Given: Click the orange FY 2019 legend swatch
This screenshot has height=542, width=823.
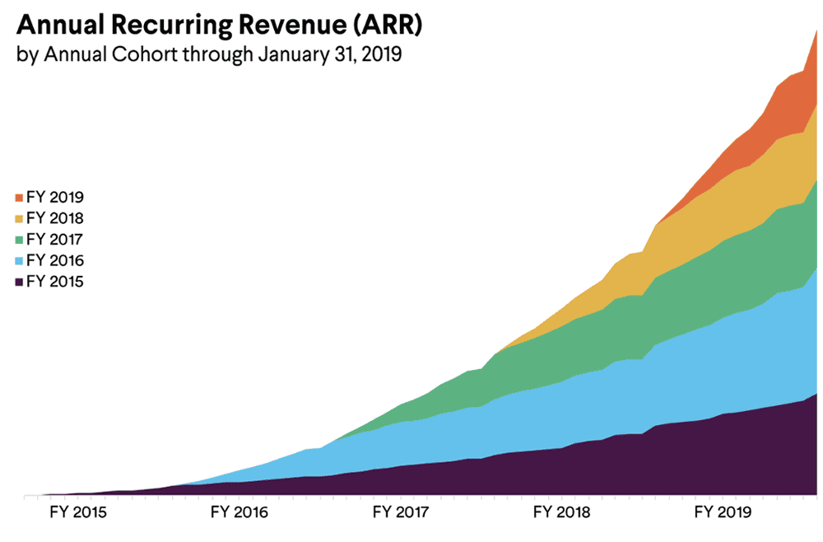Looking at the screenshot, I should pos(19,198).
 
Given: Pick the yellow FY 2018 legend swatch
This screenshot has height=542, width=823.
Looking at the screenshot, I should pos(19,218).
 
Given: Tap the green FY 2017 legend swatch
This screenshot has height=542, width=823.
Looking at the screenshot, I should pos(19,240).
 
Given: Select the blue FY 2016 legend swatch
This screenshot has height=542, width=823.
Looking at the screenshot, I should pos(19,261).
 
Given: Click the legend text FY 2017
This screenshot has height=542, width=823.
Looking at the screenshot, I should pos(55,240).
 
